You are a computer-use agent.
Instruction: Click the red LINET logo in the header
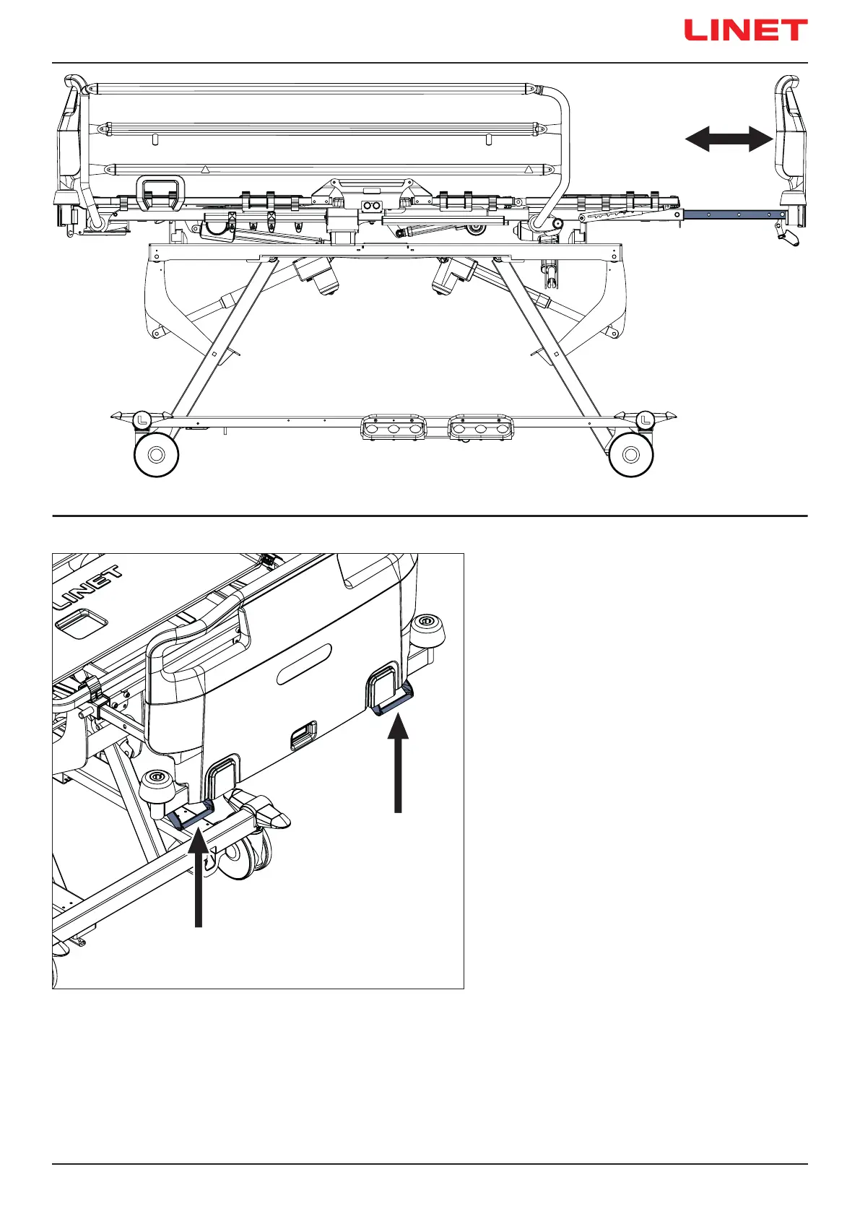click(x=745, y=30)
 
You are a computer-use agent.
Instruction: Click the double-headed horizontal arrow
click(x=728, y=139)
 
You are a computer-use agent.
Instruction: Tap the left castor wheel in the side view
click(x=157, y=455)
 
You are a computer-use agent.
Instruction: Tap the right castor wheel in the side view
click(x=631, y=455)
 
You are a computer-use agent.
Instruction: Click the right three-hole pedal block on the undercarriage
click(x=481, y=427)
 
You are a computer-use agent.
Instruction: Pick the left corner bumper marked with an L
click(x=142, y=417)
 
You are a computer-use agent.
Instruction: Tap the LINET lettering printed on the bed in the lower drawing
click(x=88, y=588)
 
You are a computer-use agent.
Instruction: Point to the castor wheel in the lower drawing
click(x=243, y=856)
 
